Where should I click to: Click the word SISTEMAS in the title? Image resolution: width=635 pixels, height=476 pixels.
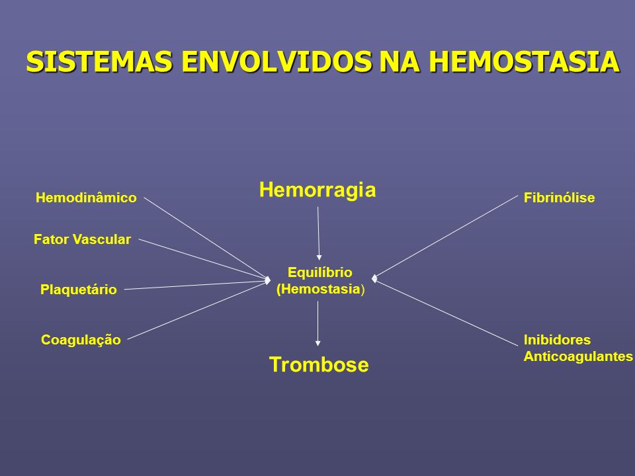(x=100, y=61)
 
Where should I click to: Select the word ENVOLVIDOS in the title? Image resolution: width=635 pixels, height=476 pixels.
(x=276, y=61)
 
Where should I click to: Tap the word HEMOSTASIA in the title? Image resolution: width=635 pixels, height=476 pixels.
(x=525, y=61)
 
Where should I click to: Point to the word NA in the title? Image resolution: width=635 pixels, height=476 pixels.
(x=400, y=61)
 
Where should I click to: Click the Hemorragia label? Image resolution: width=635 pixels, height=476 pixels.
(x=317, y=190)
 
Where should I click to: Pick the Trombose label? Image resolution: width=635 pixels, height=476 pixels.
(x=319, y=364)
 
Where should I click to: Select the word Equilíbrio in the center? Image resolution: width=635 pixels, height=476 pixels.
(x=319, y=273)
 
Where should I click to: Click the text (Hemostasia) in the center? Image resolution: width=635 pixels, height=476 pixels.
(x=320, y=290)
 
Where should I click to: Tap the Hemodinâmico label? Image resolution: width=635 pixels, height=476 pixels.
(x=86, y=198)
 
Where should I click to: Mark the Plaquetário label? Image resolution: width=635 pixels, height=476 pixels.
(x=79, y=290)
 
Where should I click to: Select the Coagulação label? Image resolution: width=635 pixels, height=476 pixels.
(x=81, y=340)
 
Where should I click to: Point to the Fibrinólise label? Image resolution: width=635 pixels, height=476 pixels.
(x=560, y=198)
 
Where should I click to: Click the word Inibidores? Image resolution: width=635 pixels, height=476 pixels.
(x=557, y=340)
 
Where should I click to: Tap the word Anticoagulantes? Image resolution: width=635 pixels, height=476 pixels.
(x=578, y=356)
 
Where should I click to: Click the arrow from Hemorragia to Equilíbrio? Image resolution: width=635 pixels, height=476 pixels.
(x=318, y=233)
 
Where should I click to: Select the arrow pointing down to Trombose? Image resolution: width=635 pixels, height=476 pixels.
(x=318, y=323)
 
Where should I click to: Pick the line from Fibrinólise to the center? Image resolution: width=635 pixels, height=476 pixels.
(x=444, y=237)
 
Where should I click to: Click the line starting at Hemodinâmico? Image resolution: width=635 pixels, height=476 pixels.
(x=207, y=239)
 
